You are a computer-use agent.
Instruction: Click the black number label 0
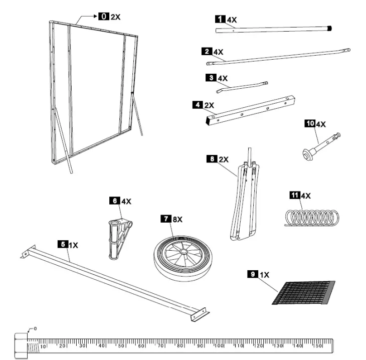[x=103, y=17]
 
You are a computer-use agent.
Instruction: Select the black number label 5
[x=62, y=244]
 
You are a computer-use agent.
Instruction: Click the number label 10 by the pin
[x=309, y=123]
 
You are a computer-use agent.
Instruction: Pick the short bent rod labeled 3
[x=242, y=87]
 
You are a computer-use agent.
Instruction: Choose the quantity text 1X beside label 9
[x=264, y=274]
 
